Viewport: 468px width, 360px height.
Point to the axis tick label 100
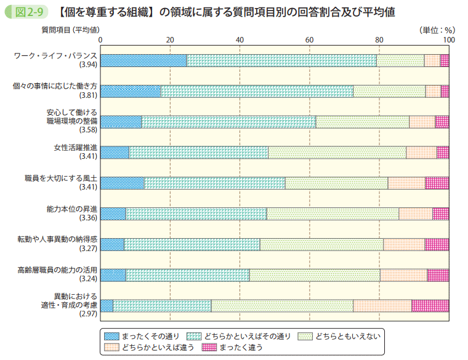tap(448, 40)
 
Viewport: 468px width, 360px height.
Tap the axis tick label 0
tap(100, 40)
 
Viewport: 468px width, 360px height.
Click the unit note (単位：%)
tap(436, 29)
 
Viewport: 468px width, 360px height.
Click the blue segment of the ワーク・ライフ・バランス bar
tap(143, 60)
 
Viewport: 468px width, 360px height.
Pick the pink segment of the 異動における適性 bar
tap(430, 306)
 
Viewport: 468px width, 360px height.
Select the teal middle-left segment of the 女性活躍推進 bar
tap(198, 153)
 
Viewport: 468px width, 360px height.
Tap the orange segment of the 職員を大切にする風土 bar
tap(406, 183)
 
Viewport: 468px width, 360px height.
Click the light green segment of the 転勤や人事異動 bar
tap(321, 244)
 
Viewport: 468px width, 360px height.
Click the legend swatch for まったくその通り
tap(111, 336)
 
